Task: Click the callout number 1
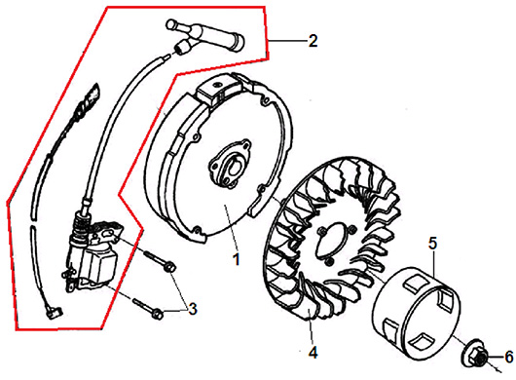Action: (236, 259)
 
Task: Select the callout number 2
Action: (313, 41)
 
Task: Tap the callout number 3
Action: (192, 309)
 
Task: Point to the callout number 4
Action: (313, 353)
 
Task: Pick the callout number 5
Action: (432, 244)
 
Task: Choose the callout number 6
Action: (509, 357)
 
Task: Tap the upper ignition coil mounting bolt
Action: (160, 260)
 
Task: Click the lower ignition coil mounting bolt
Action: (148, 308)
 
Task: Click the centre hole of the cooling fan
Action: (334, 239)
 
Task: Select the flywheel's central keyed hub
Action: (231, 164)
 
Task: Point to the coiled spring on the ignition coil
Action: (80, 225)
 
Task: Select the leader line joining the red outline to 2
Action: (288, 41)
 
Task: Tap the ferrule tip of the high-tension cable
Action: (182, 48)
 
